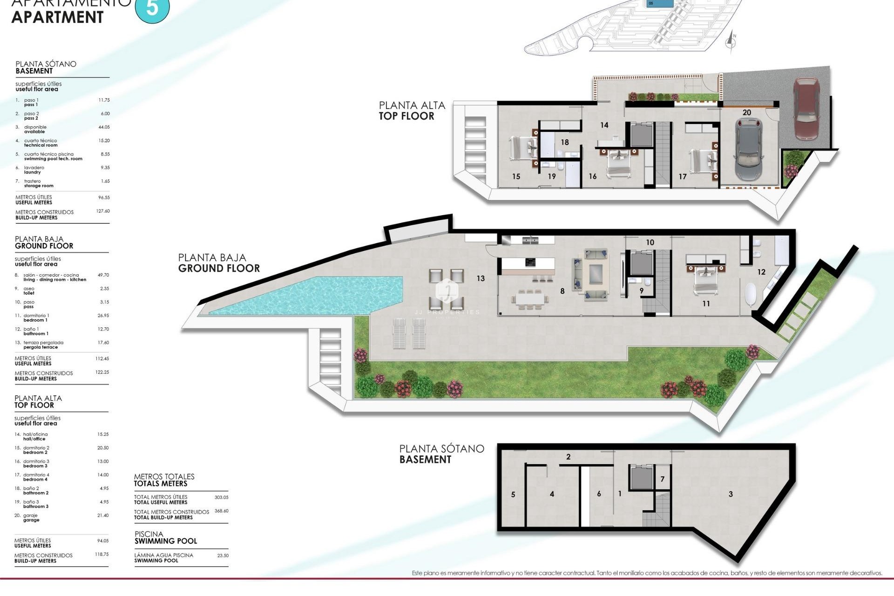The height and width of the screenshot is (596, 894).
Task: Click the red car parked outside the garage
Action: click(806, 108)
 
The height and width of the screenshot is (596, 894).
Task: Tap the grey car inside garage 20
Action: click(748, 149)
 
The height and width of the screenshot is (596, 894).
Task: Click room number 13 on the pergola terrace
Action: click(481, 278)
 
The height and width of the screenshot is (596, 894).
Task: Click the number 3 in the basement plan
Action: click(731, 494)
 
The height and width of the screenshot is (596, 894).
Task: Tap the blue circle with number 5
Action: click(152, 8)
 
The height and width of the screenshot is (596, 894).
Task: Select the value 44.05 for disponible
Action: click(104, 127)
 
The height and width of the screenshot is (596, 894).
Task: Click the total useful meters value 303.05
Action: click(221, 497)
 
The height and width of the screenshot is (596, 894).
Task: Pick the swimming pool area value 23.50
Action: click(223, 555)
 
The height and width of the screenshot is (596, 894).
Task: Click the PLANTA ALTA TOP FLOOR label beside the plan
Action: click(412, 111)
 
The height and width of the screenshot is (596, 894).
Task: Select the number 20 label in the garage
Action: click(747, 113)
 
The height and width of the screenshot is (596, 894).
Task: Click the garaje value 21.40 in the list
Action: click(103, 515)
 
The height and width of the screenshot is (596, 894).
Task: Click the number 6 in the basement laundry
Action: click(599, 494)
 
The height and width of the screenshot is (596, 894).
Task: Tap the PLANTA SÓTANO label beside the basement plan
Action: click(441, 454)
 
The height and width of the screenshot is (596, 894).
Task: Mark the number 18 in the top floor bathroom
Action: click(565, 142)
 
